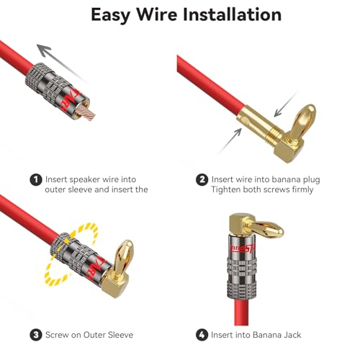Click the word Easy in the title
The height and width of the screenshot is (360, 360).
pos(111,16)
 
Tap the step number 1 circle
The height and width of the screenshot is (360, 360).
pos(36,180)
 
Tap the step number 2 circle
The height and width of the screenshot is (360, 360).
pos(202,180)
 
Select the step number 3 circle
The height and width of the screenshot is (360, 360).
pos(36,335)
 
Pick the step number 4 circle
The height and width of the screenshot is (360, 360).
pos(202,335)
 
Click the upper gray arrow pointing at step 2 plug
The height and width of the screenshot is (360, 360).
pos(286,104)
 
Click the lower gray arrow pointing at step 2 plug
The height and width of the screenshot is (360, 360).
pos(230,141)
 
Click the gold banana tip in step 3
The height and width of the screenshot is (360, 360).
pos(124,257)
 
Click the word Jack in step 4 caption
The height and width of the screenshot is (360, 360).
pos(292,335)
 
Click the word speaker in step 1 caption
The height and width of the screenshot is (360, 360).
pos(83,180)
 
